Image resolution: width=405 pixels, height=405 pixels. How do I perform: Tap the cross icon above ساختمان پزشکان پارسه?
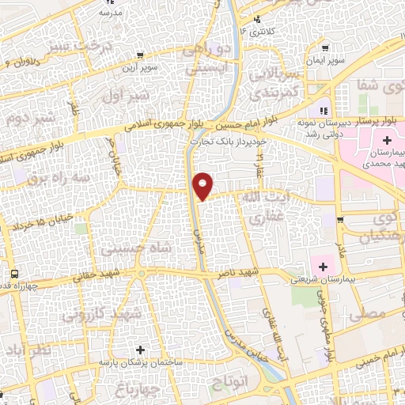[x=140, y=349]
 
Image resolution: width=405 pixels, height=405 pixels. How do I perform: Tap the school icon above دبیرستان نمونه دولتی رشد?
[x=323, y=110]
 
